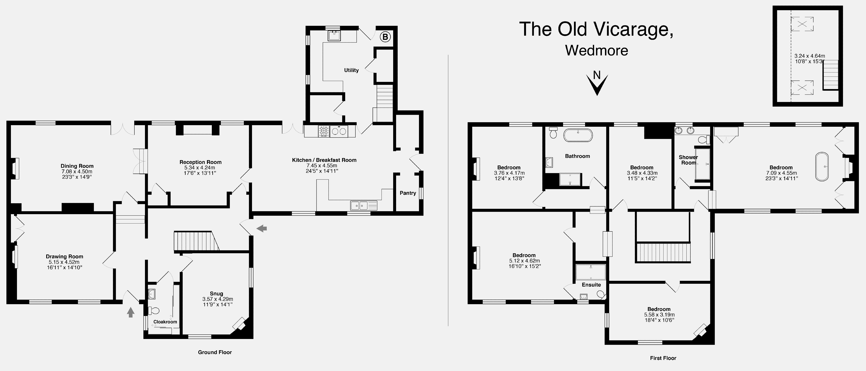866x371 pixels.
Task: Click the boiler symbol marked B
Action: click(x=385, y=37)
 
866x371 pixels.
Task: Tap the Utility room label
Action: click(x=351, y=70)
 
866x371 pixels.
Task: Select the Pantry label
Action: click(x=408, y=193)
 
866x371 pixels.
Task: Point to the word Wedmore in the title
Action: click(x=597, y=50)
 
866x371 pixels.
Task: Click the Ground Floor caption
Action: click(x=215, y=352)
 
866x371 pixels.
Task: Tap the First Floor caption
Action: click(x=663, y=358)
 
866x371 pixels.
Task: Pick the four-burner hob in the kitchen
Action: click(x=324, y=131)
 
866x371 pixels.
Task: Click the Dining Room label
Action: click(x=77, y=166)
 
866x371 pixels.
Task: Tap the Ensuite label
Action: click(x=591, y=285)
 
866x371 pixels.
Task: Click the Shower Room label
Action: click(x=688, y=160)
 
